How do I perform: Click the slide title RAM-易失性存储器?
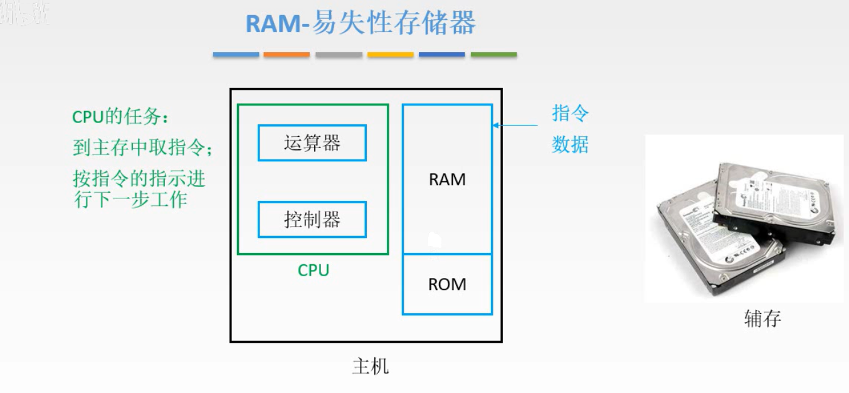361,23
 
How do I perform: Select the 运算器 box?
312,143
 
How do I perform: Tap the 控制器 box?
312,219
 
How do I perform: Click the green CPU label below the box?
313,271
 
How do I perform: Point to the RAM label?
447,180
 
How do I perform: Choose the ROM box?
447,284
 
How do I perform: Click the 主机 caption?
370,366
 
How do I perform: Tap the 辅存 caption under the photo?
762,319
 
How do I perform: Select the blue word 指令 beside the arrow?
570,114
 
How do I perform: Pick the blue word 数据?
570,145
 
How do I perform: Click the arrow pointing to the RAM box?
514,125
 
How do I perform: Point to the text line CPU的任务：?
120,117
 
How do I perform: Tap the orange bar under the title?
287,55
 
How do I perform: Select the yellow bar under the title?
390,55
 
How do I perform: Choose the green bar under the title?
493,55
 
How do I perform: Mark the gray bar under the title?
339,55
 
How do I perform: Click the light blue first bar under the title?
236,55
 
